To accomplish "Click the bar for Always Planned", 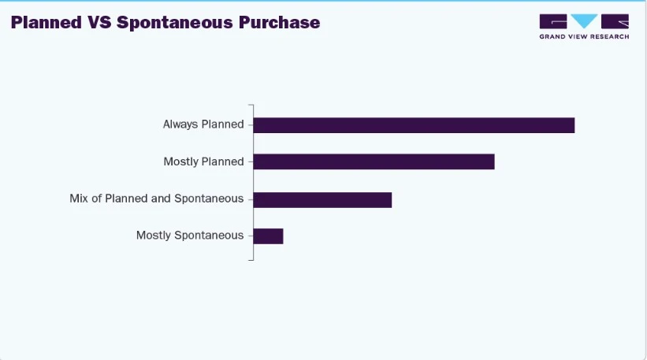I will point(414,125).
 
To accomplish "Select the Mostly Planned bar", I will point(374,161).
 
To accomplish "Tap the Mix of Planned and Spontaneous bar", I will point(322,199).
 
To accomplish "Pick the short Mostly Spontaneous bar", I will point(268,236).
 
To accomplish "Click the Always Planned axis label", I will point(203,124).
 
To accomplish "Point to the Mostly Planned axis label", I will point(203,161).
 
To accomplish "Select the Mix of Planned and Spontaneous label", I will point(157,199).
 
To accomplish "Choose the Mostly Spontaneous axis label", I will point(190,235).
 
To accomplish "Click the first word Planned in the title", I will point(45,22).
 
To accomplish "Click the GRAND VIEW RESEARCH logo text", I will point(584,37).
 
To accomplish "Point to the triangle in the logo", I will point(585,21).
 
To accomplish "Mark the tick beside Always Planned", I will point(251,124).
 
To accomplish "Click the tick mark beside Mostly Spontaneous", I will point(251,235).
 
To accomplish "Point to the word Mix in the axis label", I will point(79,199).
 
